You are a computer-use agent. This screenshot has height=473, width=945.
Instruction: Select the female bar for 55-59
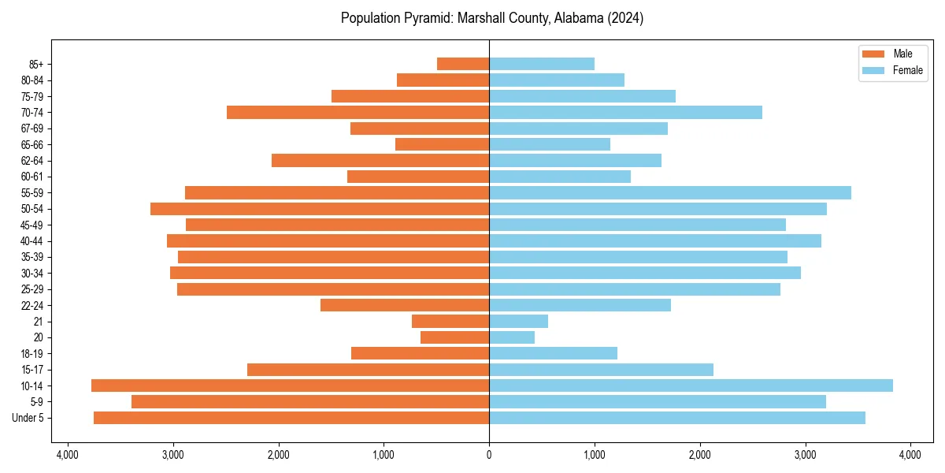tap(669, 192)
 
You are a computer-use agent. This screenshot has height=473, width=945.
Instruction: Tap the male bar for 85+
tap(463, 64)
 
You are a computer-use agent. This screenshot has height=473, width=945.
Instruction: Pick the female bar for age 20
tap(512, 337)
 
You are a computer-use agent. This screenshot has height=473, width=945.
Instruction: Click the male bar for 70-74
tap(358, 112)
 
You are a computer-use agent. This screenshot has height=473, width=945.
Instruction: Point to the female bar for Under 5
tap(677, 418)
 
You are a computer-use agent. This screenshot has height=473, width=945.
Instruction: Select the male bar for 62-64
tap(380, 160)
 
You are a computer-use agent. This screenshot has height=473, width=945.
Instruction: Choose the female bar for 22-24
tap(580, 305)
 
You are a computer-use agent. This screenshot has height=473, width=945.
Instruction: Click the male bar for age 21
tap(450, 321)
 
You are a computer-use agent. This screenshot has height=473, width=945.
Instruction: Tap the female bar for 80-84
tap(557, 80)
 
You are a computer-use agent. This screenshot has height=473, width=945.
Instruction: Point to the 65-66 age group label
tap(32, 144)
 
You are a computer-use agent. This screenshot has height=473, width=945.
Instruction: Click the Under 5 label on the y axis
tap(28, 418)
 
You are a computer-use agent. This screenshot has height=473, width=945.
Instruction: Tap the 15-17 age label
tap(32, 370)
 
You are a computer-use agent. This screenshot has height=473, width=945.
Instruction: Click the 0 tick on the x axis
tap(489, 455)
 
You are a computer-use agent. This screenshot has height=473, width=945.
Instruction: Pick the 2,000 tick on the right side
tap(700, 455)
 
